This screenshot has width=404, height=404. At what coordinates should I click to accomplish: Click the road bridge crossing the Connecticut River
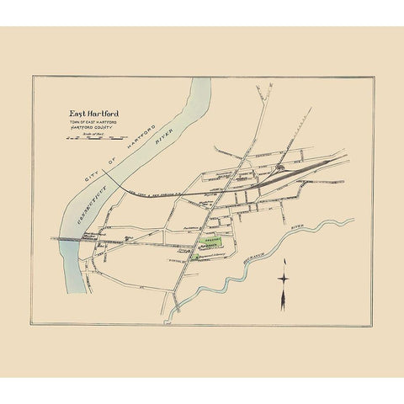tap(72, 239)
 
